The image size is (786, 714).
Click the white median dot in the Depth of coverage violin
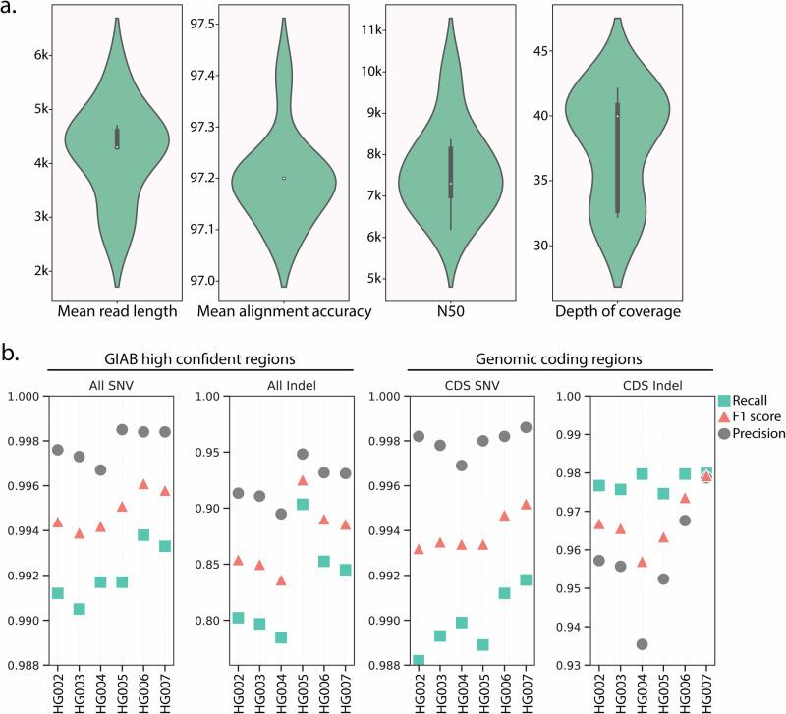[x=617, y=116]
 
